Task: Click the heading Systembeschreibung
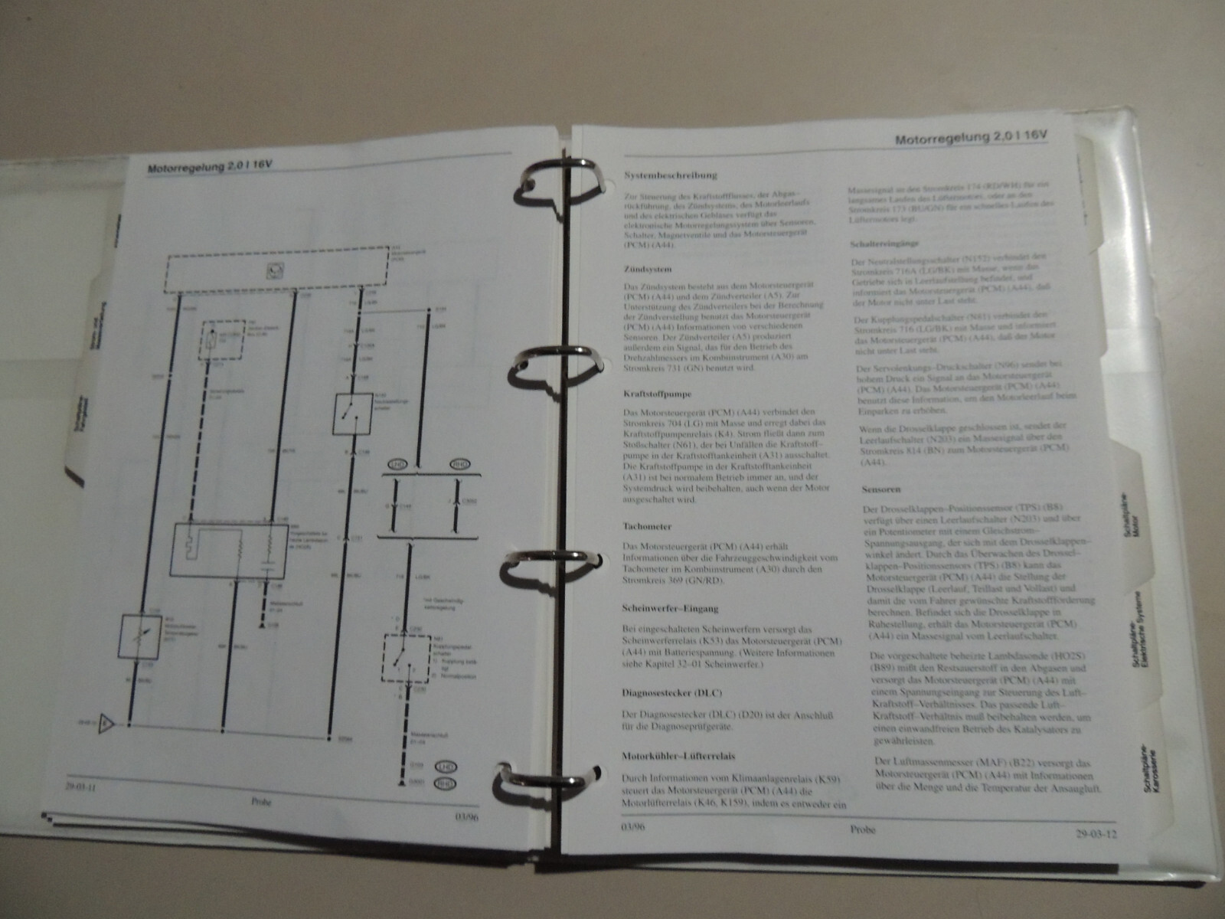tap(671, 175)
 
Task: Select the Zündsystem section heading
tap(648, 269)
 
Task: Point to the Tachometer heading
tap(648, 526)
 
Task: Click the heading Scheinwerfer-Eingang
tap(671, 609)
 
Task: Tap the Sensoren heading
tap(880, 489)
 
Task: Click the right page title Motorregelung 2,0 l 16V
tap(972, 137)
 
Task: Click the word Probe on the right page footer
tap(861, 829)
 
